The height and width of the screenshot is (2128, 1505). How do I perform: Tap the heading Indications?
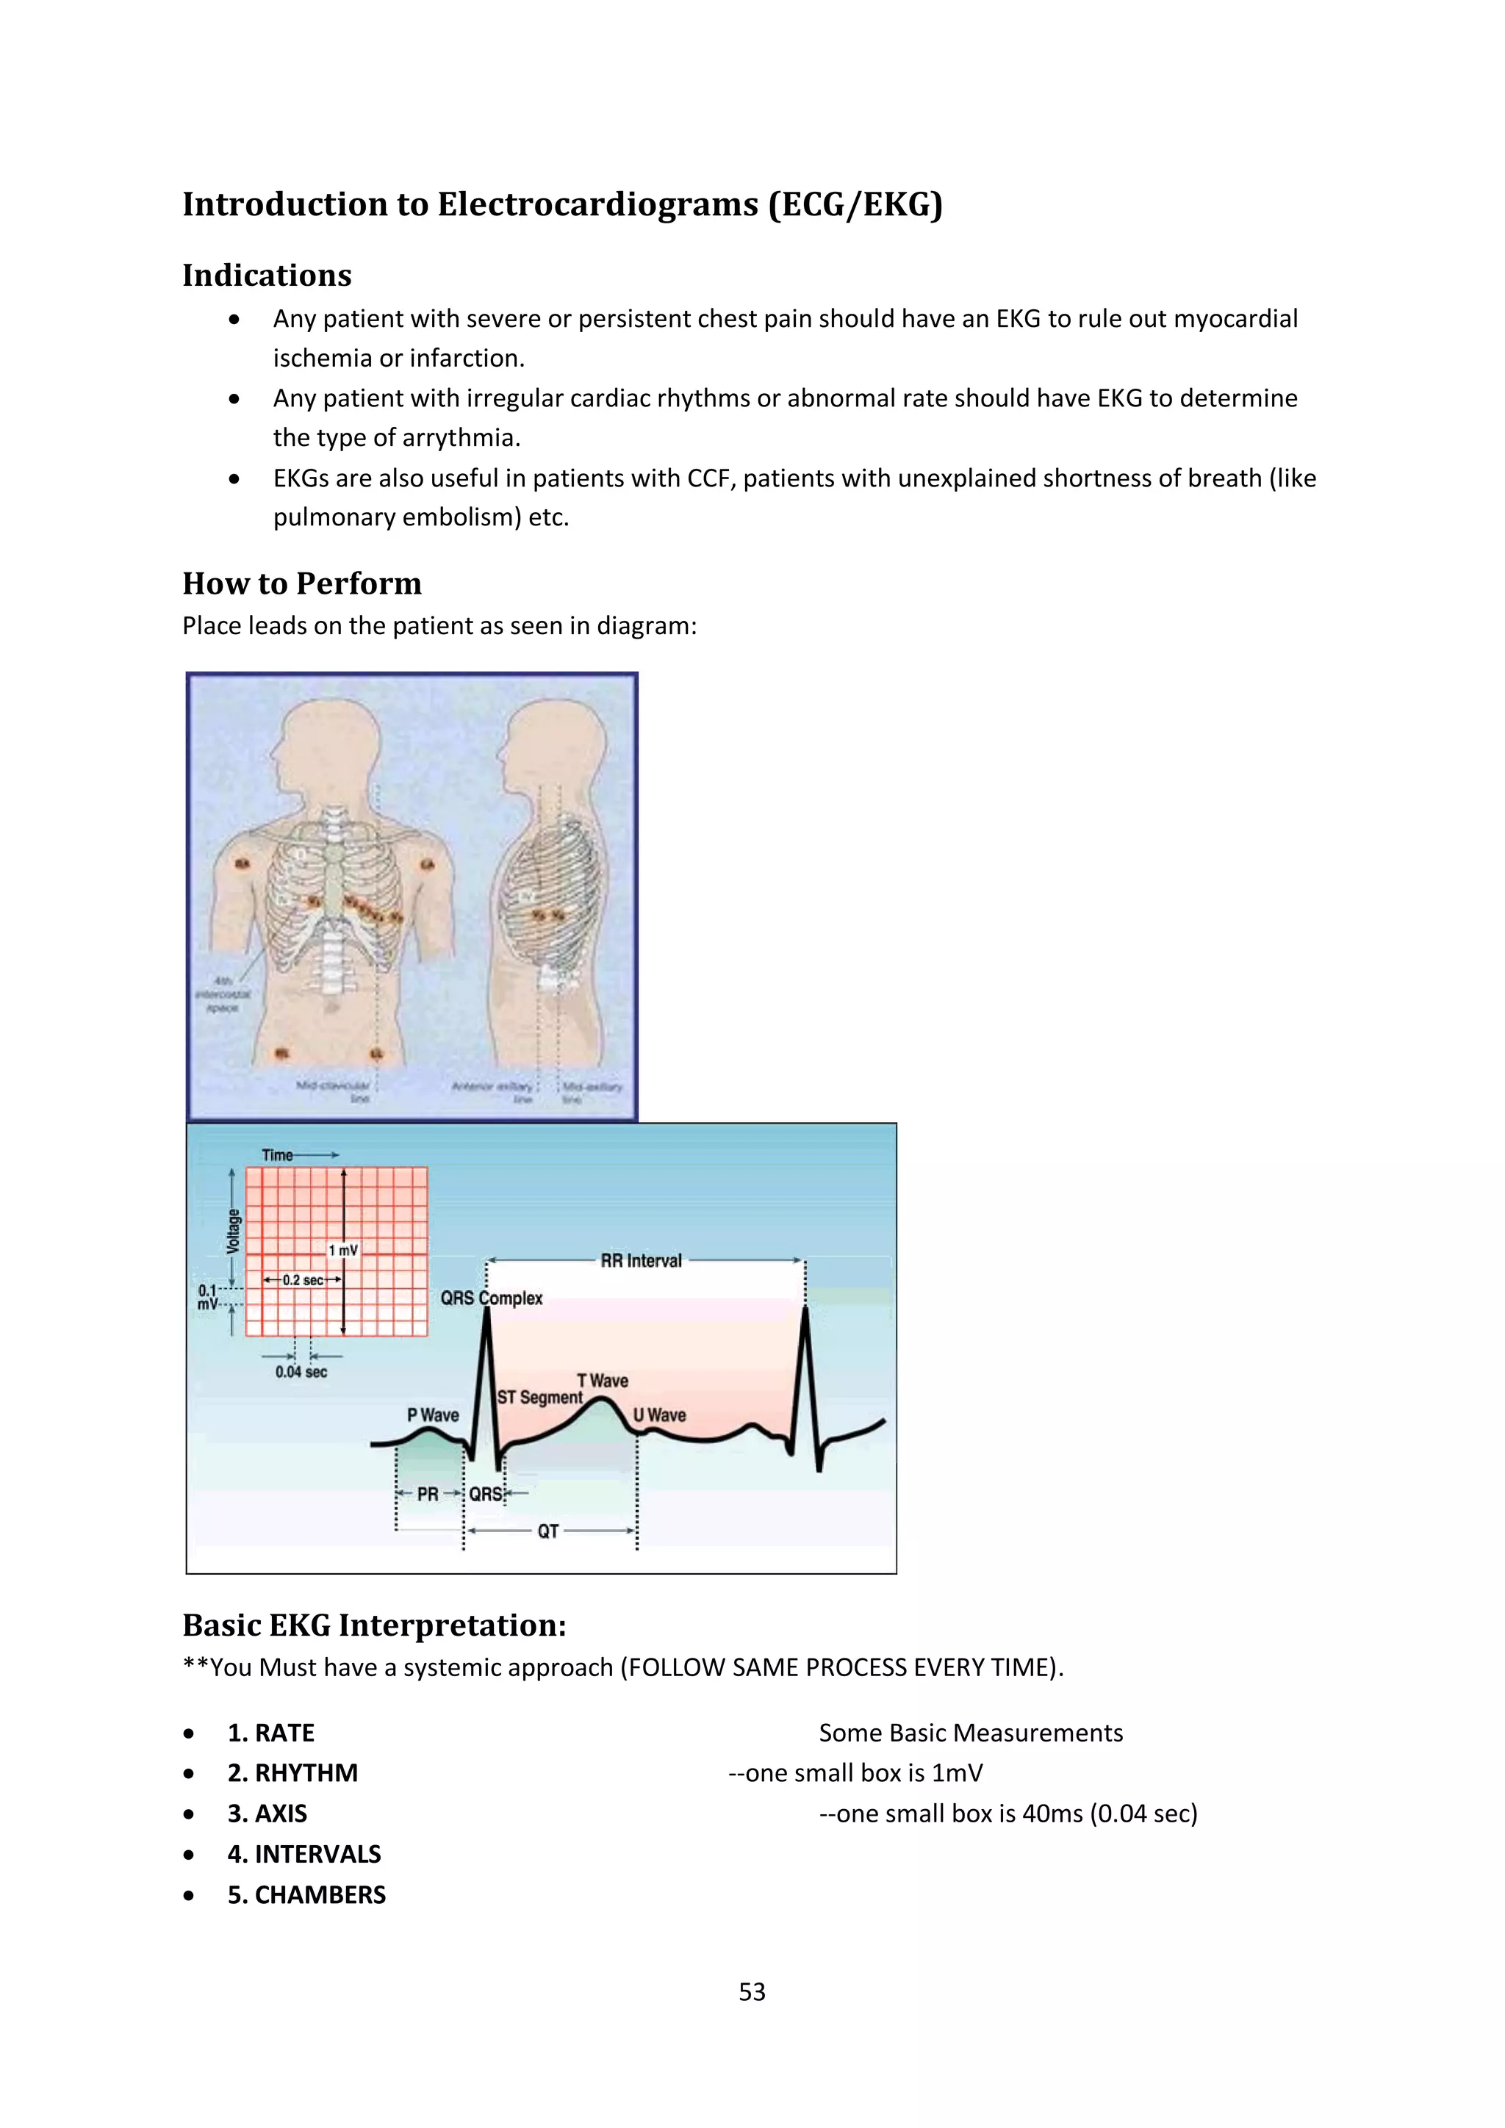(267, 276)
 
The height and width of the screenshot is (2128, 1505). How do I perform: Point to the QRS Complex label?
(491, 1298)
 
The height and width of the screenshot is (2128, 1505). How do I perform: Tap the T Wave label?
(603, 1380)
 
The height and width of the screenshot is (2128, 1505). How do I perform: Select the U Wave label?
(660, 1415)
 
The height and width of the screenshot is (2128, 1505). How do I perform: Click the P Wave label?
(433, 1415)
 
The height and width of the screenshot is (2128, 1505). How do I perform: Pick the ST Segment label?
(539, 1397)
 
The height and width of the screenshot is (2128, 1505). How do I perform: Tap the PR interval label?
(427, 1494)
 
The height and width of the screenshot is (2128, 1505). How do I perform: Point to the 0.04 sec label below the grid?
(301, 1372)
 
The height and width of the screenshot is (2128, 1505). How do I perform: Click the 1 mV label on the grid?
(343, 1251)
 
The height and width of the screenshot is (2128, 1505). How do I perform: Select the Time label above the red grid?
(277, 1155)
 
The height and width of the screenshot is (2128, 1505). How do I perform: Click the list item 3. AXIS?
(267, 1813)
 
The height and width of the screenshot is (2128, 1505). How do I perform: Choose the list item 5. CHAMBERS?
(306, 1894)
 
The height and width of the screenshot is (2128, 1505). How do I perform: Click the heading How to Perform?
(302, 584)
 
